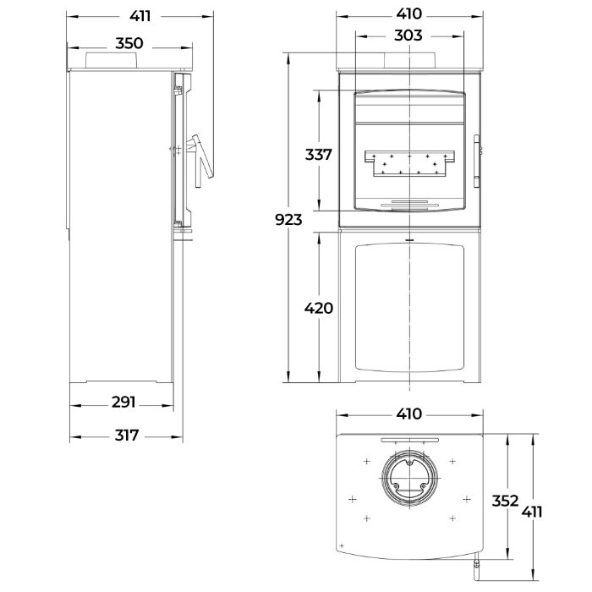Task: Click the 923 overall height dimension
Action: point(288,219)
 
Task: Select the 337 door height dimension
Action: point(318,155)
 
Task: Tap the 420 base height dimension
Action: point(319,308)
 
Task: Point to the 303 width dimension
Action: point(408,36)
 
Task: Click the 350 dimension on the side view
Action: point(129,43)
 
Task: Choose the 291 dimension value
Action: point(123,402)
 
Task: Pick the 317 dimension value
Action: point(127,436)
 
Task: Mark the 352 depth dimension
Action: point(506,501)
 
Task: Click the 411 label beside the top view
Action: point(532,513)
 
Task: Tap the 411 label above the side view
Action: point(140,16)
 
